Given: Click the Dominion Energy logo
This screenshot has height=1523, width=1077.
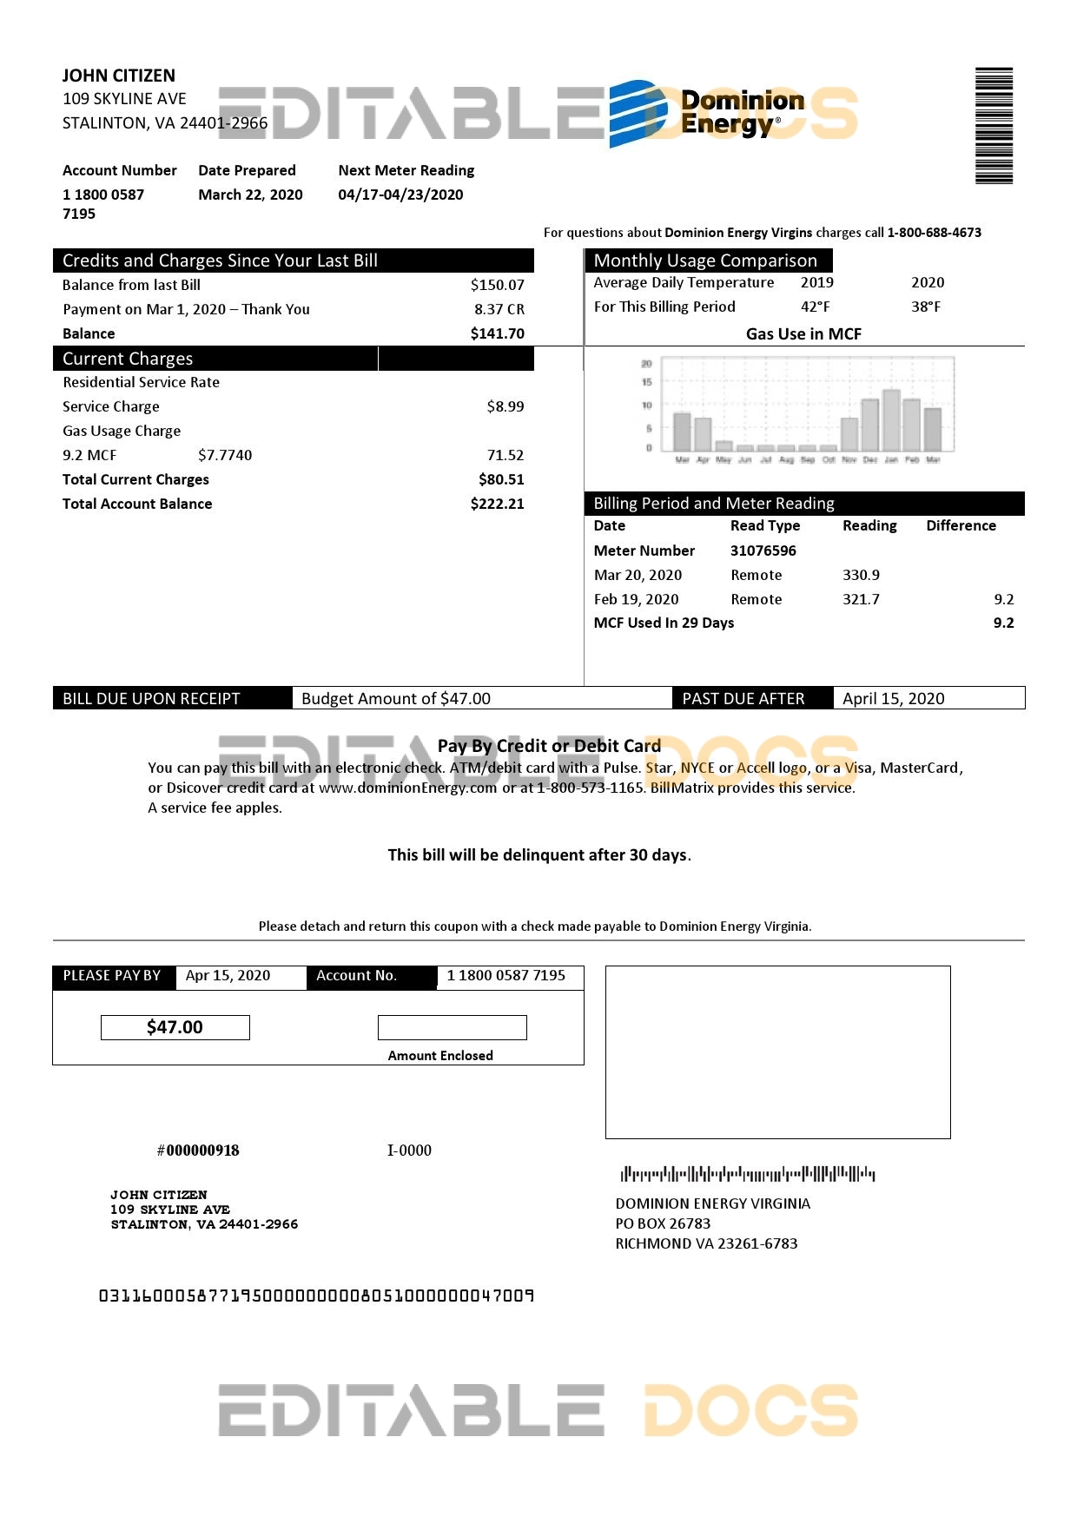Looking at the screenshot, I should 705,113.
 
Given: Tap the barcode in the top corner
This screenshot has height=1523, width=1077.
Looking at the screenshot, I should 994,126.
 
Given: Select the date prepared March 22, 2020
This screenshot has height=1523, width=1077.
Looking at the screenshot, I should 250,194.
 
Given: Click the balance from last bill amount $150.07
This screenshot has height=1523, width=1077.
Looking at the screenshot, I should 497,285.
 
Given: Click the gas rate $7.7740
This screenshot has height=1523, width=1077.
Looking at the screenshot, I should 225,455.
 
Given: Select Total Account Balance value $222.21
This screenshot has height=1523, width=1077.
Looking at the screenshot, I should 497,504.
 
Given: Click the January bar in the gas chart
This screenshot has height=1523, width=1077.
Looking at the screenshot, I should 891,420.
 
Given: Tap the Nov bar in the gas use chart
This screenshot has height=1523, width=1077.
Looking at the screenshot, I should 849,433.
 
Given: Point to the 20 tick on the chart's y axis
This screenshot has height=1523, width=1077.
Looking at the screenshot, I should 646,364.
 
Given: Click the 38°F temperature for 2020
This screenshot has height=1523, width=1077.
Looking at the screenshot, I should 926,307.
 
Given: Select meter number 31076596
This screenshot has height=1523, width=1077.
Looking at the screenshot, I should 763,551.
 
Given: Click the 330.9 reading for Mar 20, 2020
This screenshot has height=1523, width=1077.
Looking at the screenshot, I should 861,575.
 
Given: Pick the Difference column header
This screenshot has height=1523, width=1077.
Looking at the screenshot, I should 961,525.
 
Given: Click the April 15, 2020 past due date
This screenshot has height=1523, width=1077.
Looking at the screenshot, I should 893,698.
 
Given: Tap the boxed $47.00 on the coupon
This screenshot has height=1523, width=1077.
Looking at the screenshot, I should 175,1027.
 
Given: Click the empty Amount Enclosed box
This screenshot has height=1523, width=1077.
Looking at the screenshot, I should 452,1027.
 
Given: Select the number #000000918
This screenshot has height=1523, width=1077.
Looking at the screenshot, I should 198,1150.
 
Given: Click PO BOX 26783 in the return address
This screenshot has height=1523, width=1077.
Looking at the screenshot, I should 663,1223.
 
